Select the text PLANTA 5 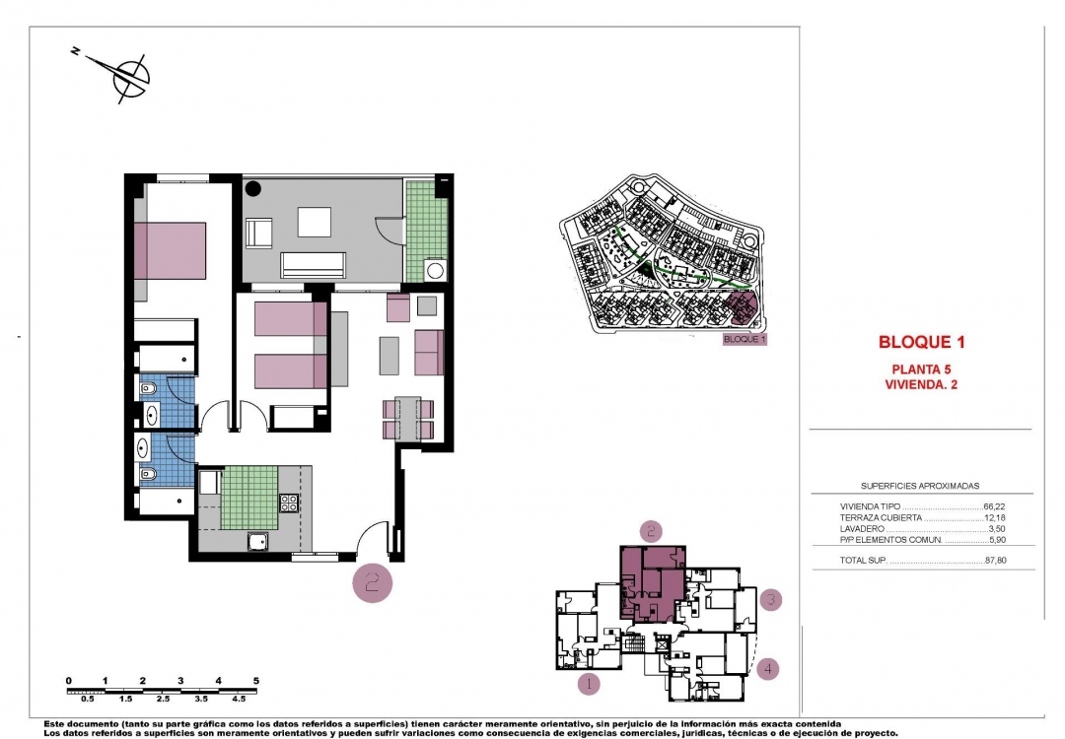pyautogui.click(x=920, y=370)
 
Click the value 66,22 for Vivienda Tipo pyautogui.click(x=994, y=507)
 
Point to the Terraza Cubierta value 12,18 pyautogui.click(x=994, y=518)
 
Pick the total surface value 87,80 pyautogui.click(x=994, y=561)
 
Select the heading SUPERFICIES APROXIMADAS pyautogui.click(x=920, y=486)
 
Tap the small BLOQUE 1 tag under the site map pyautogui.click(x=744, y=339)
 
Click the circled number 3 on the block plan pyautogui.click(x=772, y=598)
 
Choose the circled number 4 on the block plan pyautogui.click(x=769, y=669)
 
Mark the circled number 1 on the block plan pyautogui.click(x=588, y=682)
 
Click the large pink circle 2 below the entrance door pyautogui.click(x=373, y=582)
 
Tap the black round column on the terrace pyautogui.click(x=253, y=187)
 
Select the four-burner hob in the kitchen pyautogui.click(x=290, y=503)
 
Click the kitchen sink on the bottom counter pyautogui.click(x=257, y=540)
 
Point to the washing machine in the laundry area pyautogui.click(x=434, y=269)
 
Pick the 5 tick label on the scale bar pyautogui.click(x=255, y=681)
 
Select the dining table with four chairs pyautogui.click(x=407, y=418)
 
